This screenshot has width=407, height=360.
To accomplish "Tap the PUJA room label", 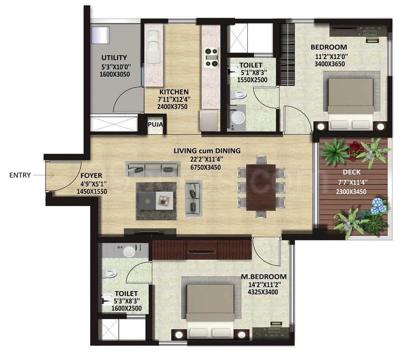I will coord(154,124).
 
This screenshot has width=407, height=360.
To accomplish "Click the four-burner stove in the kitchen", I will coord(211,57).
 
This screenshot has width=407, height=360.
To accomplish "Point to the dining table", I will coord(261,187).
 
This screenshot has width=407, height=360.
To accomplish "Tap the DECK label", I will coord(351,172).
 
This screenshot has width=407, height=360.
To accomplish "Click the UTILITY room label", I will coord(114,58).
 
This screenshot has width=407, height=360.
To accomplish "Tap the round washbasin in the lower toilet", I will coord(129,251).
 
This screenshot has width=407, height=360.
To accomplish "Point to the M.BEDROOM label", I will coord(264,277).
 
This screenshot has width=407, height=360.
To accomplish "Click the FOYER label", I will coord(91,175).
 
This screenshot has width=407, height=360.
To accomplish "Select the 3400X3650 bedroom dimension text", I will coord(329,64).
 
